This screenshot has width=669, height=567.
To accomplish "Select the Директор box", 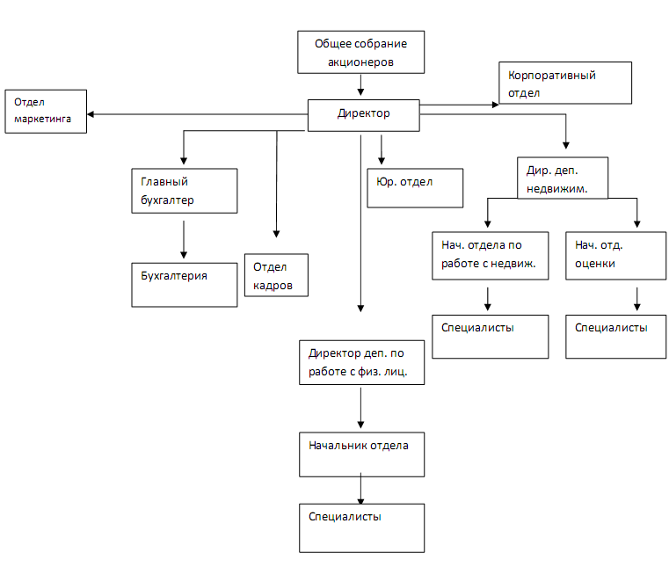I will tap(363, 114).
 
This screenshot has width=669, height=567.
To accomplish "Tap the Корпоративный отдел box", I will tap(565, 84).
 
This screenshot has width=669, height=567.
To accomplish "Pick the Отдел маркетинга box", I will tap(46, 111).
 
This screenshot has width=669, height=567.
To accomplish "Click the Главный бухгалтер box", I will tap(184, 190).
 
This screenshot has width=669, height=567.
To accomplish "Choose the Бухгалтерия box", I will tap(184, 283).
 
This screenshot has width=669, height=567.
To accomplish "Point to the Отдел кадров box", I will tap(277, 275).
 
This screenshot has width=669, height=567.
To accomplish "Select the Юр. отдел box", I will tap(414, 186).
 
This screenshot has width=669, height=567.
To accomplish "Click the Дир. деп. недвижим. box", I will tap(562, 179).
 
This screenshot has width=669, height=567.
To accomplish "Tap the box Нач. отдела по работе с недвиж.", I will tap(486, 255).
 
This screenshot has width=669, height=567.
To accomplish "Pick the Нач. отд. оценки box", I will tap(615, 255).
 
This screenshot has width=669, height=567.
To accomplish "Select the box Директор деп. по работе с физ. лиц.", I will tap(361, 362).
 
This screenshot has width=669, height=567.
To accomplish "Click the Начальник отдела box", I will tap(361, 454).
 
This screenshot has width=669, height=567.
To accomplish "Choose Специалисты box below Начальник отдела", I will tap(361, 527).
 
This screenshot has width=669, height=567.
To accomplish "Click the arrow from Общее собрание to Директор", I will tap(361, 84).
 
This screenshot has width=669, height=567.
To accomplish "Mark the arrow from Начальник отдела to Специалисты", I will tap(361, 490).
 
